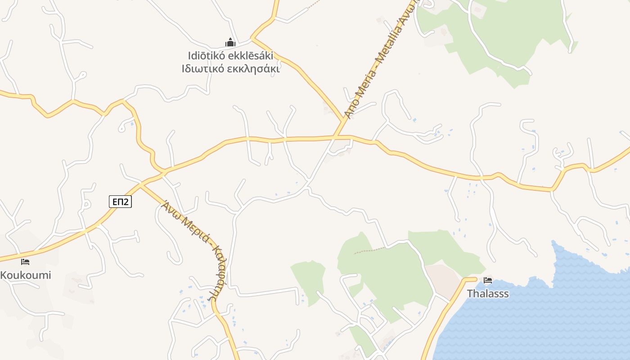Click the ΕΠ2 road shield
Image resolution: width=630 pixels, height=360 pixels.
coord(120,202)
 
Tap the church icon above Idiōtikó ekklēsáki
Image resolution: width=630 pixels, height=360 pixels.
coord(230,43)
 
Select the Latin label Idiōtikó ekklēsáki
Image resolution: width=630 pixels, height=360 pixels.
coord(230,56)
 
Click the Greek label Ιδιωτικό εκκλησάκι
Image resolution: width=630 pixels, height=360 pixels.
coord(230,69)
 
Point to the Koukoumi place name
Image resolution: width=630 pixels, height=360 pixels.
coord(26,275)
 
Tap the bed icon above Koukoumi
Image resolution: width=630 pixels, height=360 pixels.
coord(25,261)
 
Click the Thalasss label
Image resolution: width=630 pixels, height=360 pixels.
coord(488,294)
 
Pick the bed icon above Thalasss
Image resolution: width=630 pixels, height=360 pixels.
coord(487,280)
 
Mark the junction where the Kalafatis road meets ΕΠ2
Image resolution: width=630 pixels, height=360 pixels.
coord(141,184)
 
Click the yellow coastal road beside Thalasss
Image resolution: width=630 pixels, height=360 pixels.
coord(443,310)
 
